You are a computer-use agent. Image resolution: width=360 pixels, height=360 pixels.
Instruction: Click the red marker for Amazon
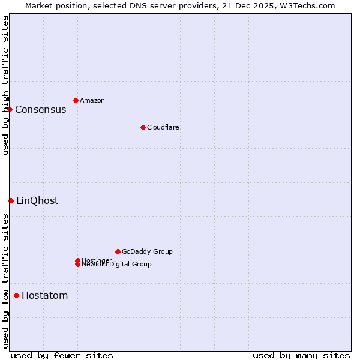pos(76,100)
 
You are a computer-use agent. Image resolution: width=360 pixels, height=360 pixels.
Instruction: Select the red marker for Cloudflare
pos(143,127)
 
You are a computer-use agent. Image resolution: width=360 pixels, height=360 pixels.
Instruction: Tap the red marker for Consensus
pos(10,109)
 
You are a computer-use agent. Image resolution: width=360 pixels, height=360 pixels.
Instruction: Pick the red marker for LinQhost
pos(11,200)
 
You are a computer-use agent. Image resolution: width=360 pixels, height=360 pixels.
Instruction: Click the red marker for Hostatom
pos(16,295)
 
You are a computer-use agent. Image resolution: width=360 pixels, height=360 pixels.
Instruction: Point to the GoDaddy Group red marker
pos(118,251)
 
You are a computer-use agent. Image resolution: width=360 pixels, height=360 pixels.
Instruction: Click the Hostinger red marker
pos(77,260)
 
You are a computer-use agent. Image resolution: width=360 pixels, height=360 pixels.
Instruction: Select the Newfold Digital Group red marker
pos(77,265)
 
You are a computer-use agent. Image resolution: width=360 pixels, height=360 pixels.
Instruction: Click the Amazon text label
pos(92,100)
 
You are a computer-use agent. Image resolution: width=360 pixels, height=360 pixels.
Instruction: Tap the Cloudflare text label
pos(163,127)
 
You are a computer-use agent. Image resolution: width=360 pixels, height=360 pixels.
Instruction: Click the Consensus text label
pos(40,109)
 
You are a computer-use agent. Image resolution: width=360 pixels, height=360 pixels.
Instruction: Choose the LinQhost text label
pos(37,200)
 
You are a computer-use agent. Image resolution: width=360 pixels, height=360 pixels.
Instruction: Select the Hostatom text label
pos(44,295)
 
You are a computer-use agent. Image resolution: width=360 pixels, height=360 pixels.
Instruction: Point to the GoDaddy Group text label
pos(147,251)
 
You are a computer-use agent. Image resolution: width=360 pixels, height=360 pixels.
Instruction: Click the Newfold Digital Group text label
pos(116,265)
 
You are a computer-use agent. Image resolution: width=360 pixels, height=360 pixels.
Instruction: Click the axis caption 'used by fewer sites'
pos(62,355)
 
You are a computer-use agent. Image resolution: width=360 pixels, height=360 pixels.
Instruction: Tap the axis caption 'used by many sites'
pos(301,355)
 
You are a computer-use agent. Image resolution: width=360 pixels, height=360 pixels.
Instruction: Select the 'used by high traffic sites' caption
pos(5,85)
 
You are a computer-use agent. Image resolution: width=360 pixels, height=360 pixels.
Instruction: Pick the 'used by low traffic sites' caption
pos(5,280)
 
